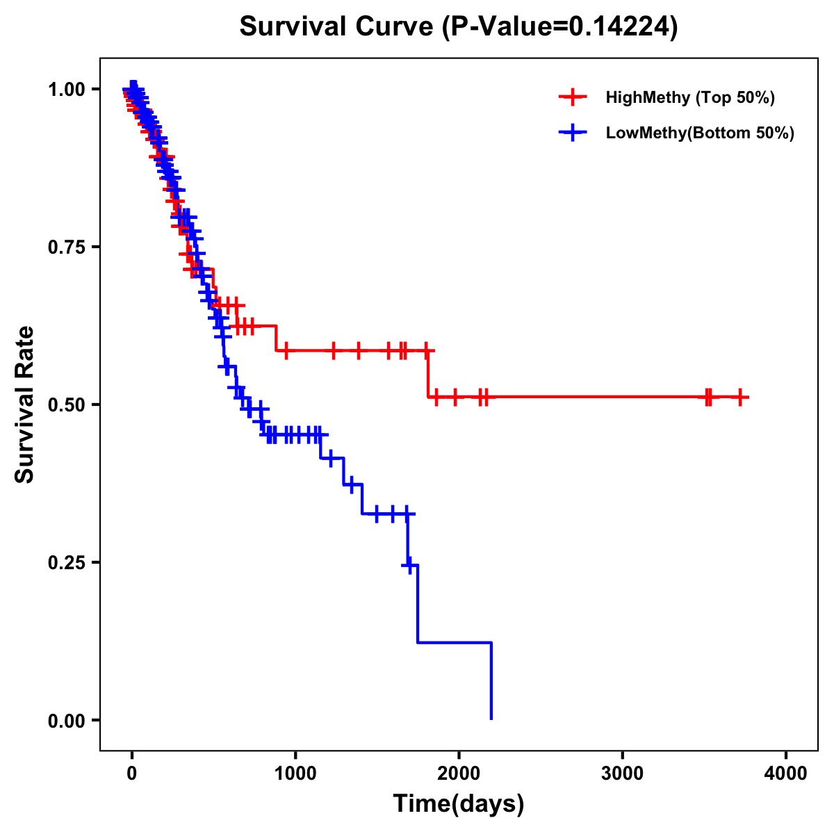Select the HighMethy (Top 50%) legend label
click(689, 97)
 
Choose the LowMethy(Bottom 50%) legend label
click(700, 133)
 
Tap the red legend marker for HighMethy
click(573, 97)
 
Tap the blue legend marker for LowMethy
click(573, 133)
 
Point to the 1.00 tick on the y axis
click(67, 89)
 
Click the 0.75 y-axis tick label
click(67, 247)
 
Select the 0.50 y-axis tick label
click(67, 404)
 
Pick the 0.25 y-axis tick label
click(67, 562)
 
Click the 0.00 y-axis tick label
click(67, 720)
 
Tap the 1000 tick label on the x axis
click(295, 774)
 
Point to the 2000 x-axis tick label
click(459, 774)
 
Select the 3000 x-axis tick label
click(622, 774)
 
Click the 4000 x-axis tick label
click(786, 774)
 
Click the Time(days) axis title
click(459, 804)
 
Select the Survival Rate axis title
click(25, 404)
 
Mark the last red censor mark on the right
click(741, 397)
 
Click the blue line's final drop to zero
click(491, 681)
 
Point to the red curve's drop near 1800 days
click(427, 374)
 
